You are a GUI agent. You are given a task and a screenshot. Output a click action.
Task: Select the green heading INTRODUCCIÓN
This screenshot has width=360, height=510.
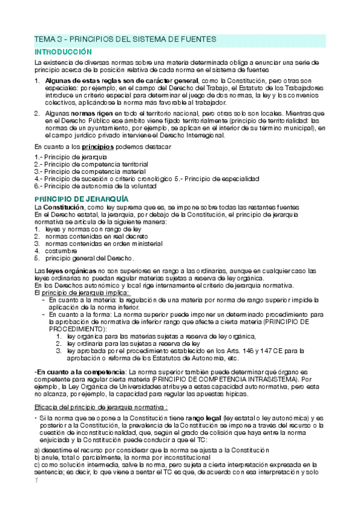tap(63, 52)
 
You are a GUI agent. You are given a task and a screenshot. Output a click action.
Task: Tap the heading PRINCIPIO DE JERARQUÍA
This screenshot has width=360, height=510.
tap(81, 198)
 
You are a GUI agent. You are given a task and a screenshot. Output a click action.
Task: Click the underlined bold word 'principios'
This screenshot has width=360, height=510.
tap(99, 146)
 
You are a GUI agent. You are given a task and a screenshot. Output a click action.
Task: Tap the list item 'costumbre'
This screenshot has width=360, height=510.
tap(61, 251)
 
